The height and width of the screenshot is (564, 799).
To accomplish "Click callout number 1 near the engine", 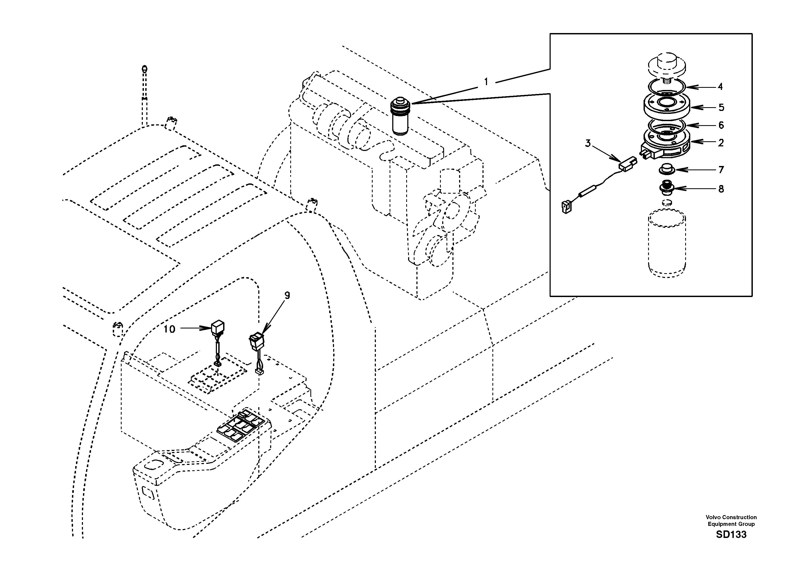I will point(486,82).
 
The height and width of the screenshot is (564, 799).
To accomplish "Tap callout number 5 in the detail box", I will point(721,108).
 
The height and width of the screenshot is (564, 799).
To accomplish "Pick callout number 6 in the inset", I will point(721,125).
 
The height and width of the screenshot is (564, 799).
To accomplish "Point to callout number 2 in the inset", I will point(721,143).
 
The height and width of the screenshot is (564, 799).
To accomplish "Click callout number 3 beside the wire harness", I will point(588,143).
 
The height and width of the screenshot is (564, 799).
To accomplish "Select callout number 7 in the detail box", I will point(721,170).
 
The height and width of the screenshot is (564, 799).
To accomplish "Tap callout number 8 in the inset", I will point(721,189).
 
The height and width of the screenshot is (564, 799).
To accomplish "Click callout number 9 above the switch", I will point(287,296).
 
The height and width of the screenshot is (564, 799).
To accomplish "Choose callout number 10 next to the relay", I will point(169,329).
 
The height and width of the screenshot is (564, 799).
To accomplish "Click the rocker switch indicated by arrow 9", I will point(256,341).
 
